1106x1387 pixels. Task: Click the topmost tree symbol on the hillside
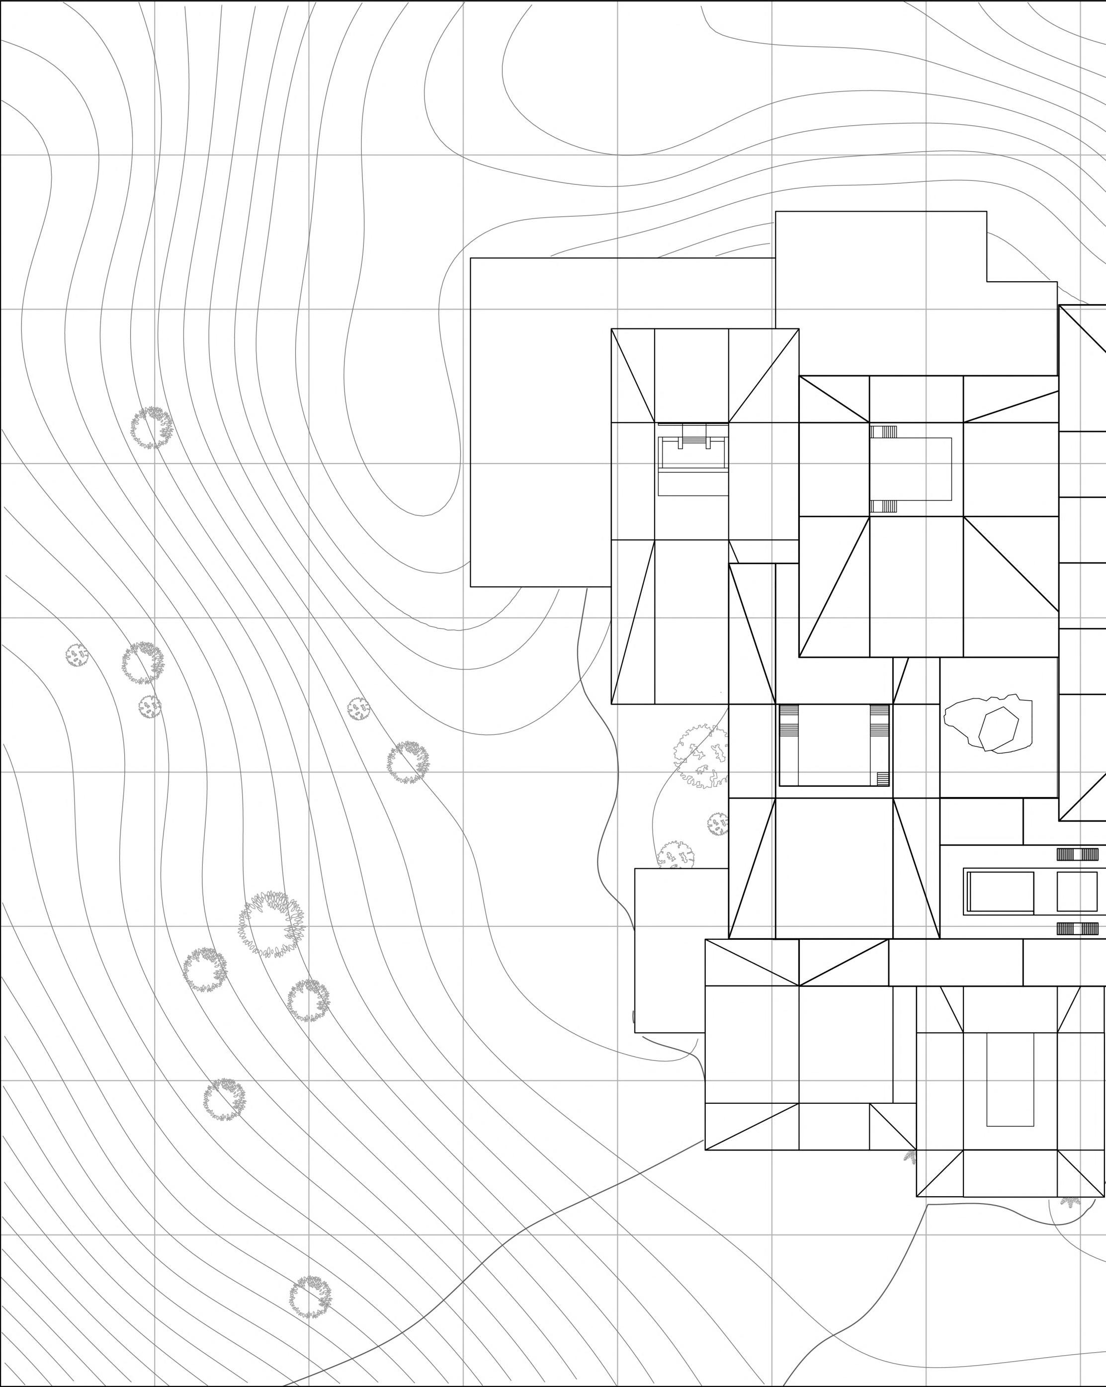(x=152, y=427)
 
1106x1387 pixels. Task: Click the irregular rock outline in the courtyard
(x=988, y=723)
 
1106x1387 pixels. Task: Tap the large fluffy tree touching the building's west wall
(x=701, y=756)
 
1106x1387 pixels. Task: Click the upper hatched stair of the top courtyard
(x=883, y=432)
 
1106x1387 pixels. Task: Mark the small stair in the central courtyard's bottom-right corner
(x=883, y=778)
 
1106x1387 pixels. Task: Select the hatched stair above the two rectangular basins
(x=1077, y=854)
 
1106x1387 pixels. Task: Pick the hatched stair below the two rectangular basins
(x=1077, y=928)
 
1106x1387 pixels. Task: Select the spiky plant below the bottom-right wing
(x=1071, y=1201)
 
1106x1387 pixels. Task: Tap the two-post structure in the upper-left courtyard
(x=693, y=441)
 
